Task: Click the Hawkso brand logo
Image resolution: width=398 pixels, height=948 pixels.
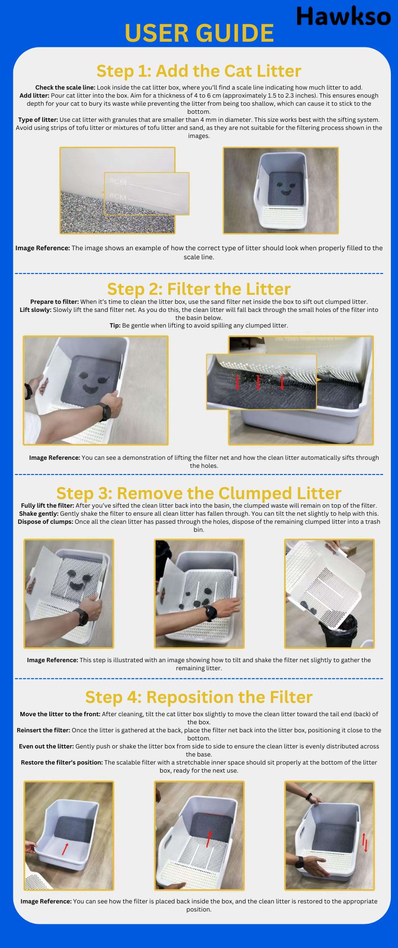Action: [x=344, y=16]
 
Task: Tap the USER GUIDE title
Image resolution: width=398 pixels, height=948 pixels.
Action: [x=199, y=33]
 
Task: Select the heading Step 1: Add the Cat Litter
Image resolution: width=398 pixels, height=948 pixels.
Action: [x=199, y=71]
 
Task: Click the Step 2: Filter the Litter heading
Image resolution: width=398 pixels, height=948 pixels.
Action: [x=199, y=289]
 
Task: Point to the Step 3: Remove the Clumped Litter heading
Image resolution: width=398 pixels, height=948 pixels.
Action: [x=199, y=493]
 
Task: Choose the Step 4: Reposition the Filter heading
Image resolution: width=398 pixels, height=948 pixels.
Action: [x=199, y=697]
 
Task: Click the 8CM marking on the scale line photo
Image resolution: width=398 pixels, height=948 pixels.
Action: [x=118, y=182]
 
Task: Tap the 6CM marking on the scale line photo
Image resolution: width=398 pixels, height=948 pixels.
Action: [x=118, y=196]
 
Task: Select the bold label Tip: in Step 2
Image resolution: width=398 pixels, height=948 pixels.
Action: [x=115, y=326]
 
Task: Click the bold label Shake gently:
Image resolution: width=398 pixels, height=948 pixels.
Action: [x=39, y=513]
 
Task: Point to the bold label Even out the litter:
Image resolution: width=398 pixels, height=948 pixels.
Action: [x=46, y=746]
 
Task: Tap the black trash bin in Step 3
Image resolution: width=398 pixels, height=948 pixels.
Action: [x=337, y=630]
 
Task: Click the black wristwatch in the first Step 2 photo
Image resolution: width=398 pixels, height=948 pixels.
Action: [x=104, y=411]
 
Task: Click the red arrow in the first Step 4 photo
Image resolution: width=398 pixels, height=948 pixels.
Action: [x=65, y=848]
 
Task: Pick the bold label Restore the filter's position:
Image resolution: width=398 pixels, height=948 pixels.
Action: [x=62, y=762]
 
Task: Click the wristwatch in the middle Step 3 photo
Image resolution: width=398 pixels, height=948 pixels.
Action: [x=210, y=613]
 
